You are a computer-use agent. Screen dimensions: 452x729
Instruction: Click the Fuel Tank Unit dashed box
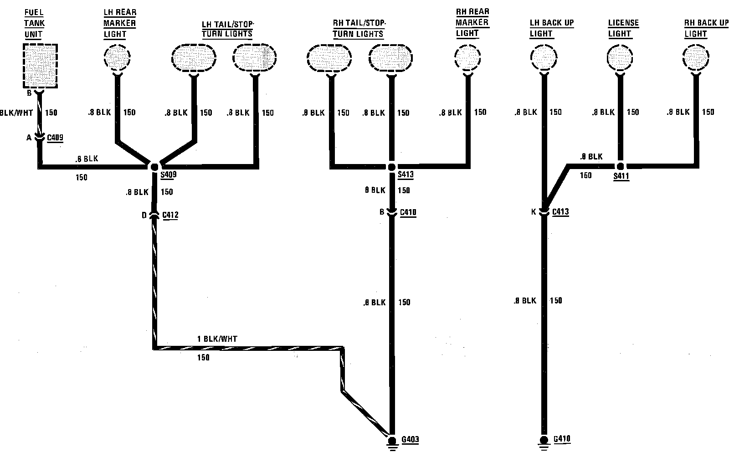click(x=40, y=66)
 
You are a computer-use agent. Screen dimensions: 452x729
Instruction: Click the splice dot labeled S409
click(x=154, y=167)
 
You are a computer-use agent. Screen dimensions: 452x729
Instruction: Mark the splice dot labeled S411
click(x=620, y=166)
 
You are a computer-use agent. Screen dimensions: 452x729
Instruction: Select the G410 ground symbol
click(x=544, y=441)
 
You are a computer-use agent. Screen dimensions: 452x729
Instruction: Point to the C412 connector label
click(x=170, y=215)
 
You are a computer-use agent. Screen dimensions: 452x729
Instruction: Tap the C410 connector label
click(x=408, y=212)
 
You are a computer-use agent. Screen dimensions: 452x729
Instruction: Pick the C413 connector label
click(x=560, y=212)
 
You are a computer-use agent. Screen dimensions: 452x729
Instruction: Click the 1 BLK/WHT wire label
click(x=217, y=339)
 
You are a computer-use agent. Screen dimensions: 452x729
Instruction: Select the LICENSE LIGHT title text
click(x=623, y=28)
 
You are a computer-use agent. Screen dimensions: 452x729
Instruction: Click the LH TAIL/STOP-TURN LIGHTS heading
click(x=227, y=29)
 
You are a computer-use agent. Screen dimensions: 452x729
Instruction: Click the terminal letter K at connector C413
click(x=534, y=212)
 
